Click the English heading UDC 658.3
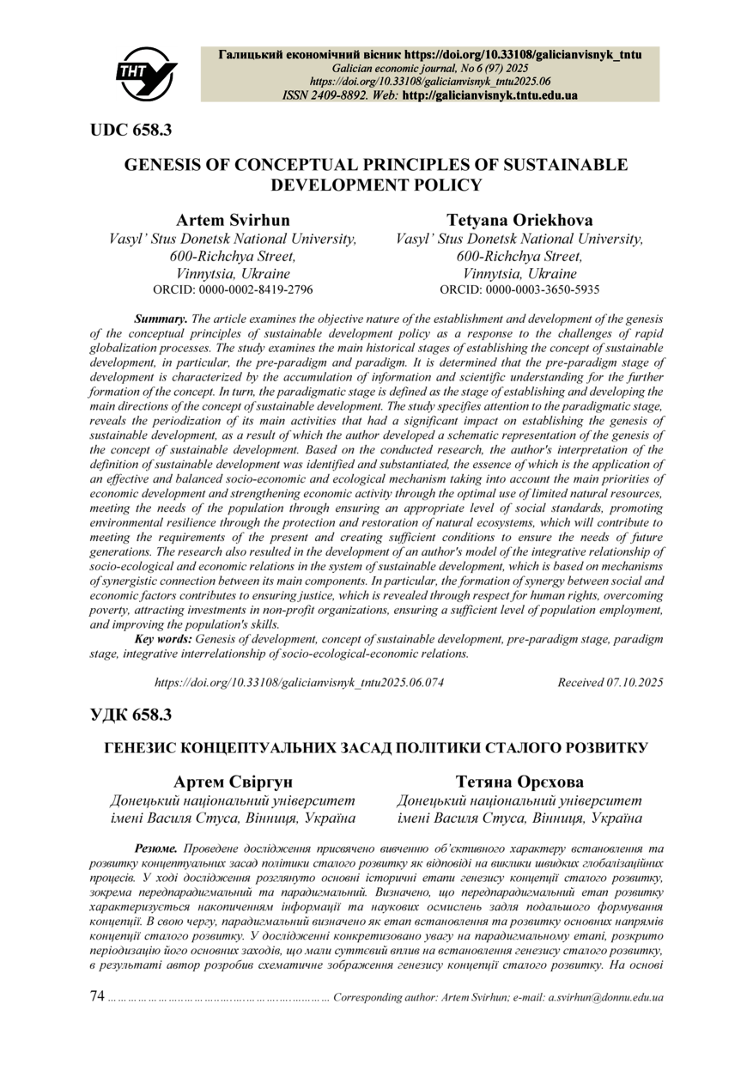pyautogui.click(x=131, y=130)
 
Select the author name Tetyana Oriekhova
pyautogui.click(x=519, y=220)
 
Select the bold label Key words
pyautogui.click(x=164, y=639)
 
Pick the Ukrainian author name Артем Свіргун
pyautogui.click(x=233, y=782)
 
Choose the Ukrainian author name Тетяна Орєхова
pyautogui.click(x=519, y=782)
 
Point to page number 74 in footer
pyautogui.click(x=97, y=996)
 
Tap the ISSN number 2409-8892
pyautogui.click(x=339, y=94)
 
